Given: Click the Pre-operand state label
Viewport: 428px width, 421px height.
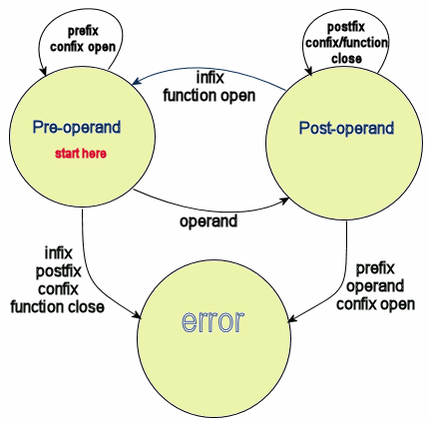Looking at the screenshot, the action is [77, 128].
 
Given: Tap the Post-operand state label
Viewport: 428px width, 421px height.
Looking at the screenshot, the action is [346, 129].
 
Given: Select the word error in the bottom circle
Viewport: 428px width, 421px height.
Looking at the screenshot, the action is [213, 321].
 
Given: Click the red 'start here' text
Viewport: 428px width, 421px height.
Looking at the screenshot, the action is [81, 154].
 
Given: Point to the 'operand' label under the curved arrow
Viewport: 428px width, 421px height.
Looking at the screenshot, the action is [209, 221].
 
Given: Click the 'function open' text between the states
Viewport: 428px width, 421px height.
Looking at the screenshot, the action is [210, 96].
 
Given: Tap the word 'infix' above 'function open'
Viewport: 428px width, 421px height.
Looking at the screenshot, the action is [211, 78].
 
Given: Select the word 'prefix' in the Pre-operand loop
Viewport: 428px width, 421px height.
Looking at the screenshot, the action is [83, 31].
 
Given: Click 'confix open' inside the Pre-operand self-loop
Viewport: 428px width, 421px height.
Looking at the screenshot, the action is [83, 47].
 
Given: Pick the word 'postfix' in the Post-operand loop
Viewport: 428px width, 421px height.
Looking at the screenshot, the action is [346, 27].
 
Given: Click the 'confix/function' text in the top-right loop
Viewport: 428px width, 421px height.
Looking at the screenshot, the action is [346, 43].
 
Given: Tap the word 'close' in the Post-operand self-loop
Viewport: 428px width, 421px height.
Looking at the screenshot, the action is [346, 58].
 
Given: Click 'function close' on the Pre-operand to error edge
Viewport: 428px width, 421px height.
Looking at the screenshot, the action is [57, 306].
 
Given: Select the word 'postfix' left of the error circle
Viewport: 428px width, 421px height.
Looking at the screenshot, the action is [58, 271].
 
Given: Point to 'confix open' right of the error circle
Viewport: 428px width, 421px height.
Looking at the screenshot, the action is [375, 304].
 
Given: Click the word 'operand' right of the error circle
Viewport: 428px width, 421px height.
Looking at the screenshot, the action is [375, 286].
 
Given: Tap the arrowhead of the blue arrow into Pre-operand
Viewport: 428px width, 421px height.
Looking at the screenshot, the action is [136, 82].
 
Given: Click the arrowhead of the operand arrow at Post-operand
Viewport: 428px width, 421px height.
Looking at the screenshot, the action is [284, 201].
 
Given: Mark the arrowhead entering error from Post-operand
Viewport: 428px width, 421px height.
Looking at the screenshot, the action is [291, 319].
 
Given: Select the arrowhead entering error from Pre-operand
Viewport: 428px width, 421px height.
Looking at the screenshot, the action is [137, 315].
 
